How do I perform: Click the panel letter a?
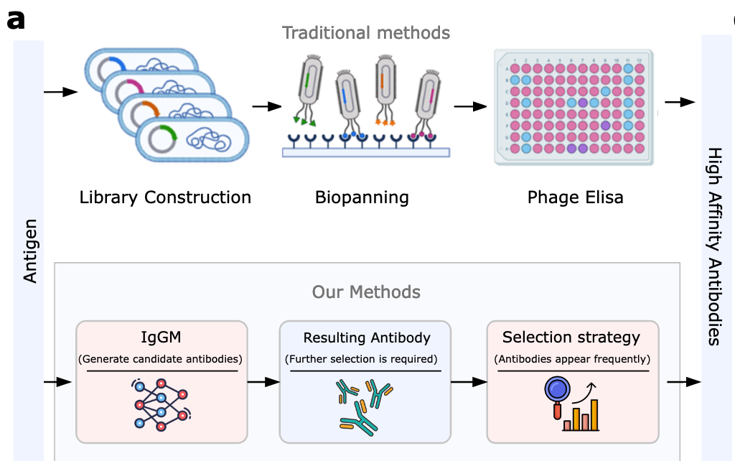tap(15, 20)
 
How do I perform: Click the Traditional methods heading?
tap(366, 33)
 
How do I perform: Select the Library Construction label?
tap(165, 197)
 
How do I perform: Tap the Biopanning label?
tap(362, 197)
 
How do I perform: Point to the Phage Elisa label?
tap(575, 197)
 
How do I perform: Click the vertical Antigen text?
tap(30, 252)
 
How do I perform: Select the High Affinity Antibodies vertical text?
tap(715, 246)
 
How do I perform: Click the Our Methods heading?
tap(366, 292)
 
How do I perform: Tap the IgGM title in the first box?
tap(161, 337)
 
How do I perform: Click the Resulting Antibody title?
tap(366, 338)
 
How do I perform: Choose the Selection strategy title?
tap(571, 337)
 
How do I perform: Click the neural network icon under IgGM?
tap(161, 404)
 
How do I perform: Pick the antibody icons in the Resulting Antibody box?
tap(365, 406)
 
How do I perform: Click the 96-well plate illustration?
tap(574, 107)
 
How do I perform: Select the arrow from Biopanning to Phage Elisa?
tap(469, 106)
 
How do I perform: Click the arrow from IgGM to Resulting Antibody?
tap(263, 382)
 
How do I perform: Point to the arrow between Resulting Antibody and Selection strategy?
tap(469, 382)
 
